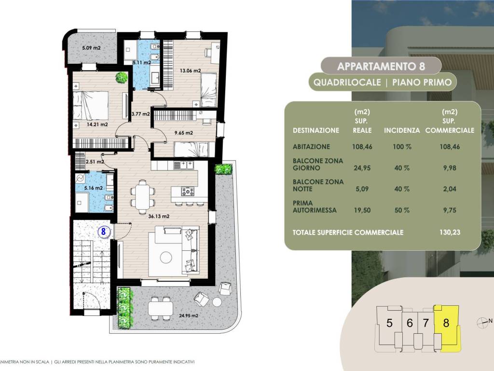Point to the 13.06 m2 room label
190,71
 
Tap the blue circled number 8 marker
103,231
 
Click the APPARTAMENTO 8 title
381,65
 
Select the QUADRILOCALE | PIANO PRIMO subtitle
383,82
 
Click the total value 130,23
450,232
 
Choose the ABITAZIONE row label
311,147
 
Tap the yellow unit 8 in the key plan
446,323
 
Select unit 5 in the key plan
389,323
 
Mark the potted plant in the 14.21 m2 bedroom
122,77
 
